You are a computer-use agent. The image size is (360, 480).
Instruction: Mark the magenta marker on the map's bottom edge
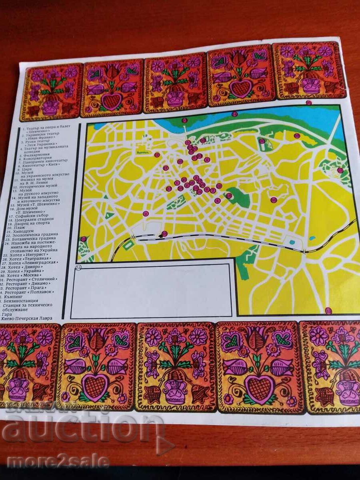pyautogui.click(x=328, y=310)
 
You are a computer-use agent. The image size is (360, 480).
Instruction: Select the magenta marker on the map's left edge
pyautogui.click(x=83, y=239)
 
